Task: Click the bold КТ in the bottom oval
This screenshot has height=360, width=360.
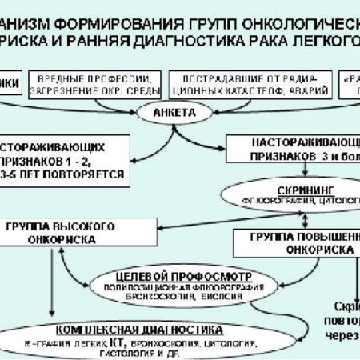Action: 106,342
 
